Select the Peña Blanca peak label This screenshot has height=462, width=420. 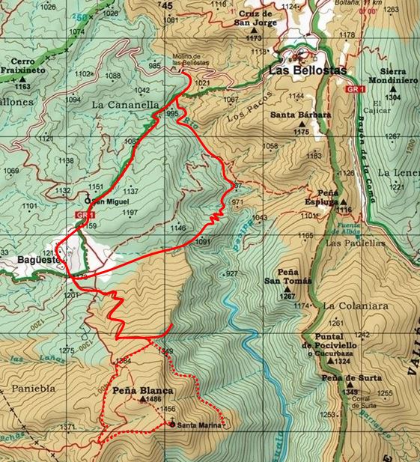(142, 390)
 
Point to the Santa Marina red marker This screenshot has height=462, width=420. (173, 425)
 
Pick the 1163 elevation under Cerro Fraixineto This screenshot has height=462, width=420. (23, 87)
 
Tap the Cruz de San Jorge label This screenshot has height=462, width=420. (254, 18)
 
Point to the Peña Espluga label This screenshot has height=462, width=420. (333, 197)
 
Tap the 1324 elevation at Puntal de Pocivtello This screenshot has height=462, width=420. (341, 362)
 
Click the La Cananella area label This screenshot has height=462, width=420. (125, 106)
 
